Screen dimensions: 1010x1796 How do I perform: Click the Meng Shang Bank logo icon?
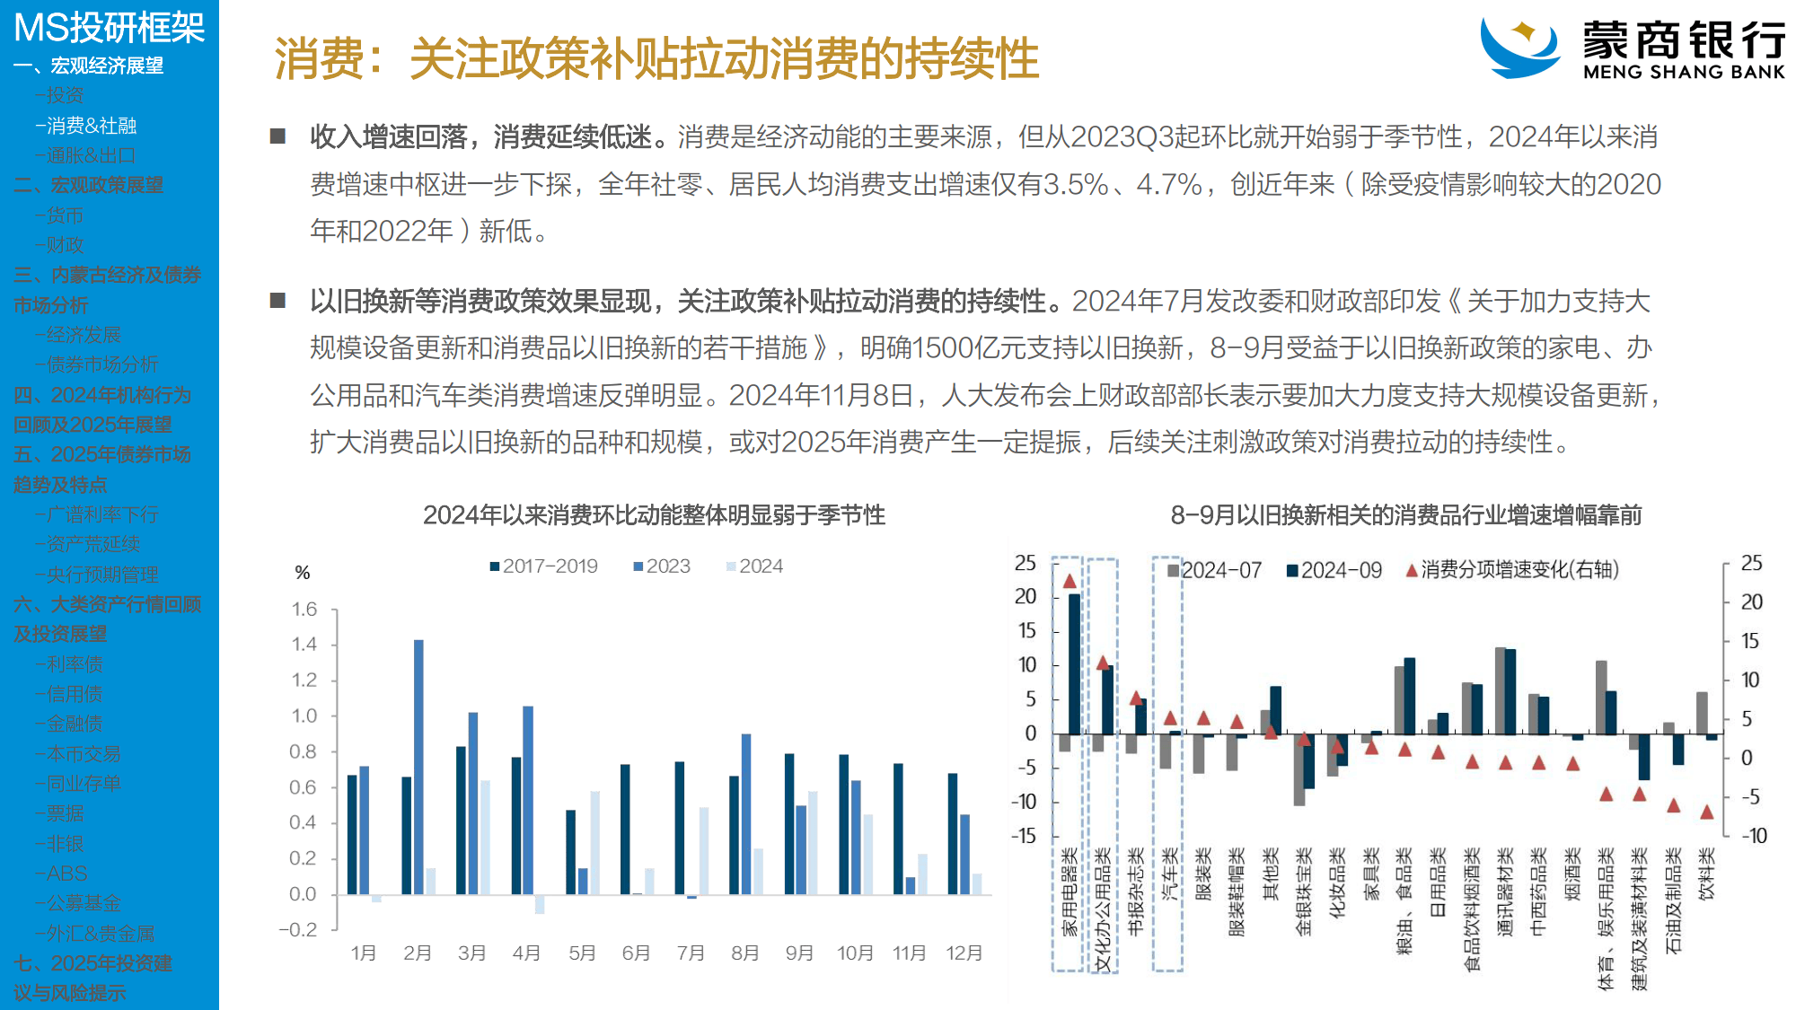(1520, 47)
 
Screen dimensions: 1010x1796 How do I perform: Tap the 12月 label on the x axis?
(964, 953)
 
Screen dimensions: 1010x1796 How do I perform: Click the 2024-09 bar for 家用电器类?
(1074, 663)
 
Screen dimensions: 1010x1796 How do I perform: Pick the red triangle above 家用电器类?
(1070, 581)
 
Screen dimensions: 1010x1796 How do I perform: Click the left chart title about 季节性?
(654, 515)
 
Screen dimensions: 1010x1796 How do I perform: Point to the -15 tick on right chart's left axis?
(1024, 836)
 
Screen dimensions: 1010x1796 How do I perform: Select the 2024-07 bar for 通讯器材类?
(1500, 690)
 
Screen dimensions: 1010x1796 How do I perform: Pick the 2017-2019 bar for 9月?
(789, 823)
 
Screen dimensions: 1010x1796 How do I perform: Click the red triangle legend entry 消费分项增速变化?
(1512, 570)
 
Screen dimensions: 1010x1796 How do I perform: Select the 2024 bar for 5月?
(594, 842)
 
